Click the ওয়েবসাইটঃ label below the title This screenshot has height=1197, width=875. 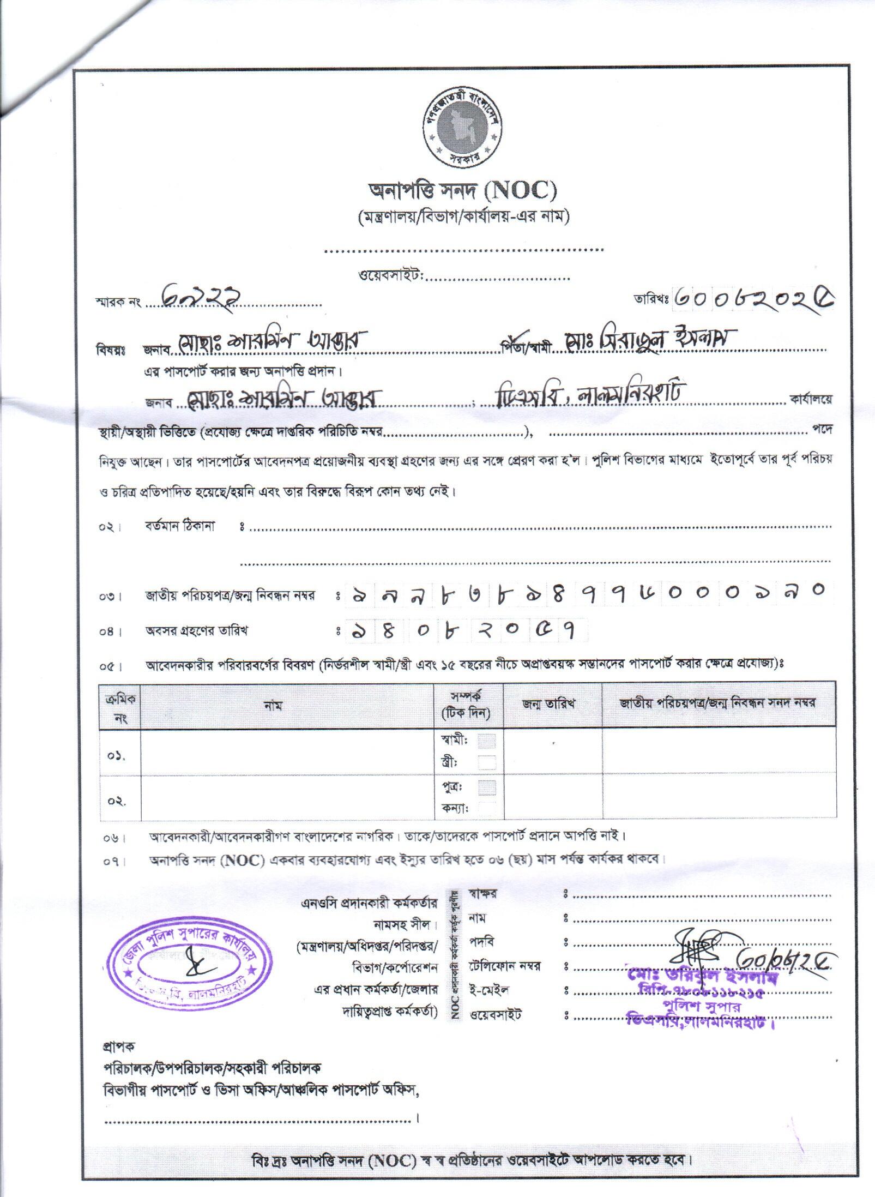coord(391,276)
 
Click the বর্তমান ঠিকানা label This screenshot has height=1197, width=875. coord(180,526)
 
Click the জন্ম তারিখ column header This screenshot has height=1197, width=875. coord(553,704)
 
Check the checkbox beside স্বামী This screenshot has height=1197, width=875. coord(487,741)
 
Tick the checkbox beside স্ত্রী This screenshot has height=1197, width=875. coord(487,762)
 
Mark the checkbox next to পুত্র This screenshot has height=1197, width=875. coord(487,787)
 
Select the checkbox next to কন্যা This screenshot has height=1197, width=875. coord(487,808)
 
